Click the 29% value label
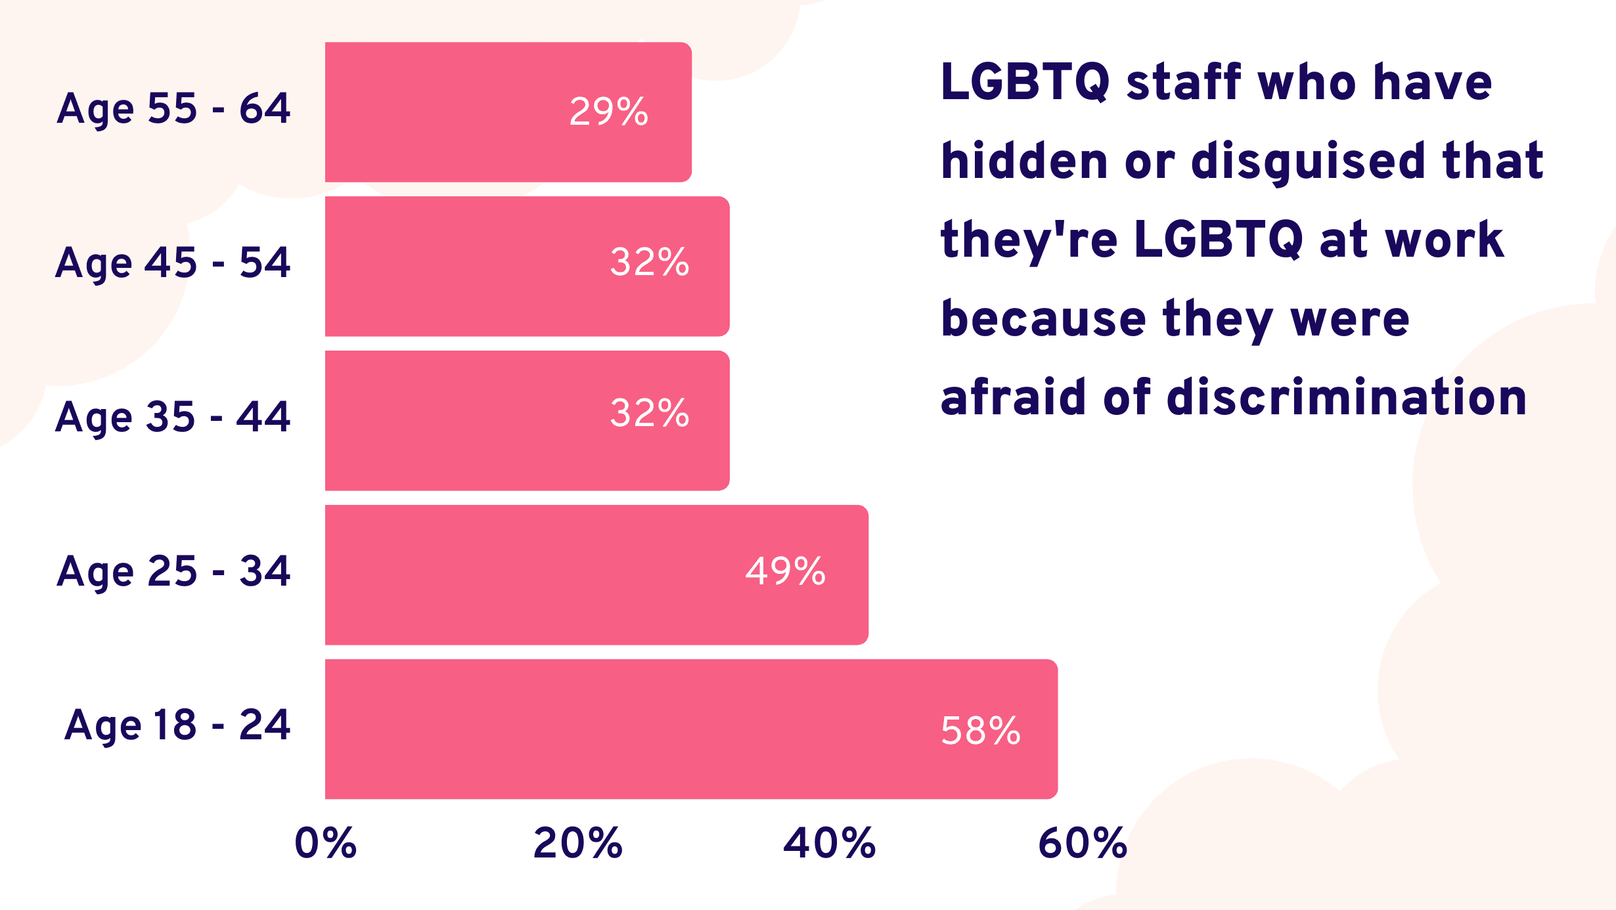tap(609, 112)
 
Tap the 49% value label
tap(785, 571)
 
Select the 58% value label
tap(981, 731)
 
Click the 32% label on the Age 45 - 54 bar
tap(650, 262)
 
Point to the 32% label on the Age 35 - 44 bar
tap(650, 413)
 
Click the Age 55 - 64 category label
tap(173, 109)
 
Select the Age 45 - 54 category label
tap(173, 263)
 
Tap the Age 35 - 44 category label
tap(173, 418)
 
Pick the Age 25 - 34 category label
tap(173, 572)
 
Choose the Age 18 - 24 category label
tap(177, 726)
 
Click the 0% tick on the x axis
tap(325, 843)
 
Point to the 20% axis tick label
tap(577, 843)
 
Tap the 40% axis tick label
tap(829, 843)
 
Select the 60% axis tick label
tap(1082, 843)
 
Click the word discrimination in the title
tap(1346, 397)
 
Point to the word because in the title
tap(1044, 319)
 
